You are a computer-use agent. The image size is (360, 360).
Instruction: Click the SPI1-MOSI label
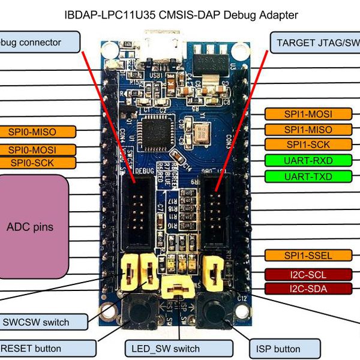(308, 114)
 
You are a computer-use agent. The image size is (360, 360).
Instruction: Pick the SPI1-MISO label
(308, 130)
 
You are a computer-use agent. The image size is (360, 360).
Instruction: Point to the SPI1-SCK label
(308, 145)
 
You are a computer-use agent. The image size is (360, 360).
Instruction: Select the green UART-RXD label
(308, 160)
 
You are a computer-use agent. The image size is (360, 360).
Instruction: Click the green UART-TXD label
(308, 176)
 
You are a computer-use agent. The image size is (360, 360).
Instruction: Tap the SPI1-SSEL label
(308, 256)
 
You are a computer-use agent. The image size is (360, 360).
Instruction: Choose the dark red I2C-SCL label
(308, 275)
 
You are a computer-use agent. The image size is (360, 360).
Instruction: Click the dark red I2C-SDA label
(308, 289)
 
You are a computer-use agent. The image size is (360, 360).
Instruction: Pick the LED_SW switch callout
(166, 349)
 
